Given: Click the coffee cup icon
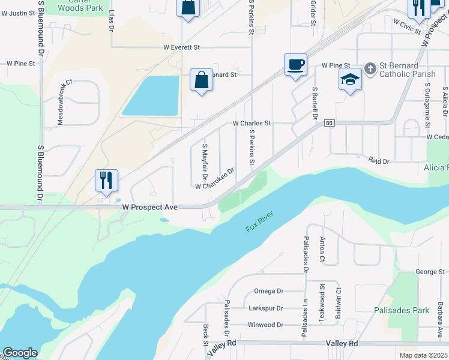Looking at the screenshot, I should click(295, 65).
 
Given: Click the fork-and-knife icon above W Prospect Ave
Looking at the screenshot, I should click(106, 180).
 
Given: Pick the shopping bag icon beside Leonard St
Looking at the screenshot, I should click(201, 80).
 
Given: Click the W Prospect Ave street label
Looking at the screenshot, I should click(150, 206).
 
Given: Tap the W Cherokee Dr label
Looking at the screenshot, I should click(214, 179).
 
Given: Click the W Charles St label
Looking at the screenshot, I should click(252, 123).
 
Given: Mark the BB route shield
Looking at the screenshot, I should click(329, 123).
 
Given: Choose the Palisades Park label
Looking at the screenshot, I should click(402, 310).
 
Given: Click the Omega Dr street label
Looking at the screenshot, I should click(268, 291).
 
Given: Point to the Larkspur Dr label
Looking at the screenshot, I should click(265, 308).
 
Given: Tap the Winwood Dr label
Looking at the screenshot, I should click(265, 325).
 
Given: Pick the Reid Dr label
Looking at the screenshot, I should click(379, 161).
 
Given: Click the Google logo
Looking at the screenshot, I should click(20, 353).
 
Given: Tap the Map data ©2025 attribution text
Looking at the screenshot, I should click(423, 355).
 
